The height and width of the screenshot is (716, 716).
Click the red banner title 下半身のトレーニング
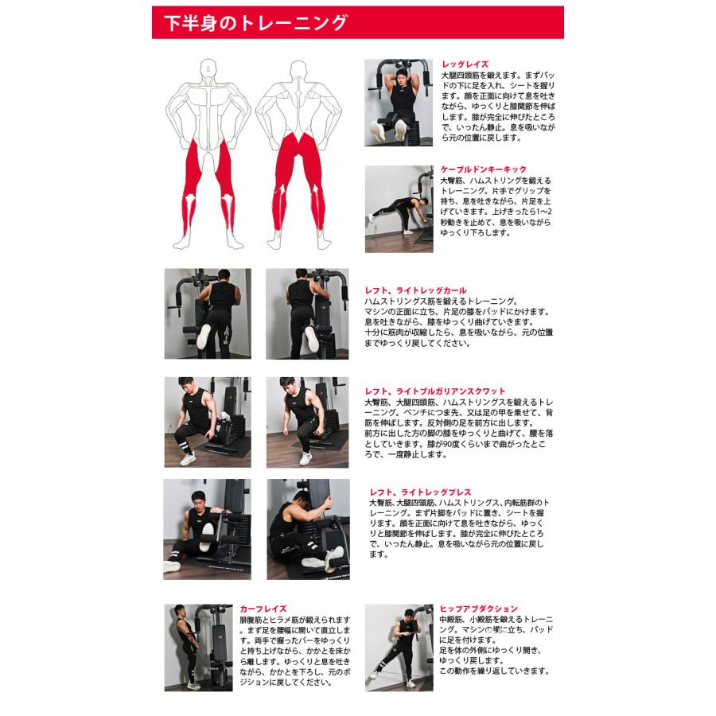pos(255,23)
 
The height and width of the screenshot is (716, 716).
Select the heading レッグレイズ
pos(465,64)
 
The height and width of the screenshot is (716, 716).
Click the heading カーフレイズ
pos(262,608)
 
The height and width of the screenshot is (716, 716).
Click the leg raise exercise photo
pos(398,102)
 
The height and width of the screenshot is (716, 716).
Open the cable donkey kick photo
pos(399,208)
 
